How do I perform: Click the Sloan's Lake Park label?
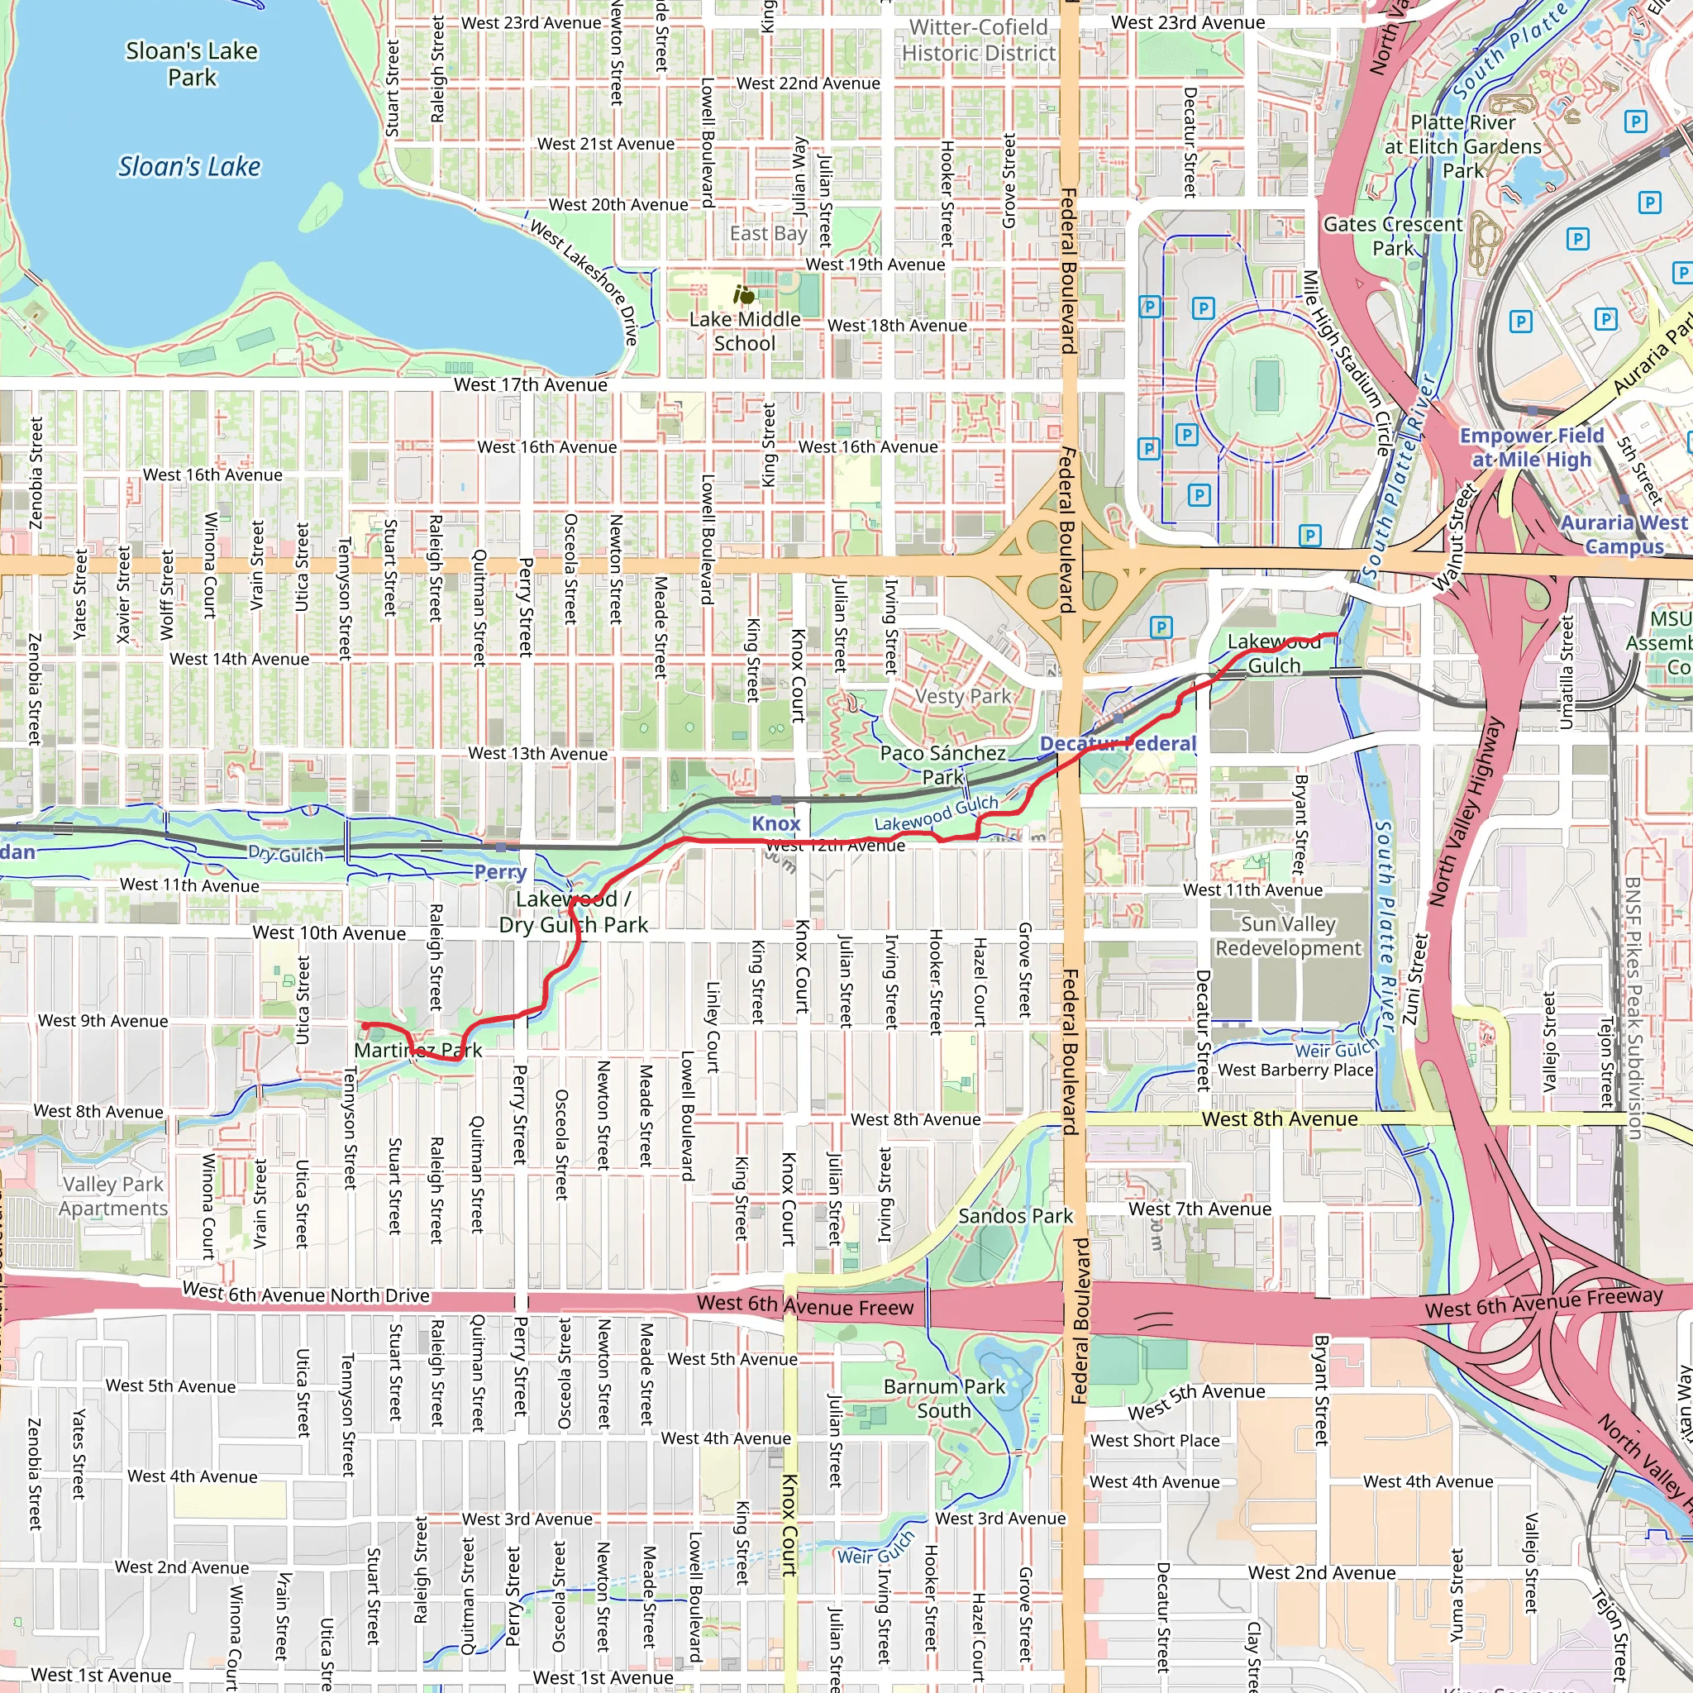[x=191, y=64]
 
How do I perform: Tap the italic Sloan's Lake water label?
[x=189, y=166]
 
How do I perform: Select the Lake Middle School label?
[x=744, y=331]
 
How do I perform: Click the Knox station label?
[x=775, y=823]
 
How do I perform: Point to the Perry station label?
[x=500, y=872]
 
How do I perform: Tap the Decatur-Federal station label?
[x=1118, y=743]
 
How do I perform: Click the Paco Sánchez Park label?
[x=943, y=764]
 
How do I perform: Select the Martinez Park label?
[x=418, y=1049]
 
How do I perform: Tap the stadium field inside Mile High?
[x=1266, y=384]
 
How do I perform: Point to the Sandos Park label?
[x=1015, y=1215]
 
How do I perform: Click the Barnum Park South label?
[x=944, y=1399]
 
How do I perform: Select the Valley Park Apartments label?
[x=113, y=1195]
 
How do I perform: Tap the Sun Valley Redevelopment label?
[x=1287, y=936]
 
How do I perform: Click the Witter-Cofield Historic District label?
[x=978, y=41]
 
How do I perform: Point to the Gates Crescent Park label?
[x=1392, y=236]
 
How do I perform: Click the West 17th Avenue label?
[x=530, y=384]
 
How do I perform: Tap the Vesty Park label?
[x=962, y=696]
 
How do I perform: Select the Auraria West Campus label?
[x=1623, y=534]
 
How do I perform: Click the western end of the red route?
[x=365, y=1024]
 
